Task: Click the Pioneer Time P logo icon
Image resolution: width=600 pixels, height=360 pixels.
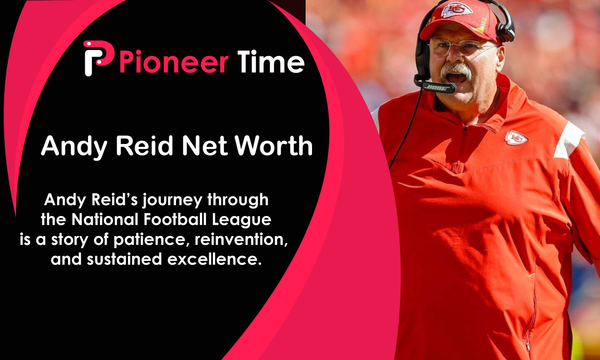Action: pos(97,58)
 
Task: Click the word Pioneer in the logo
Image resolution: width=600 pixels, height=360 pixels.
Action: pos(174,63)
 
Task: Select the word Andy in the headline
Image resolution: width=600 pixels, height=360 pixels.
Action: pos(74,147)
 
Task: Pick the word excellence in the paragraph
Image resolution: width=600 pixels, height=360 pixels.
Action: pos(214,259)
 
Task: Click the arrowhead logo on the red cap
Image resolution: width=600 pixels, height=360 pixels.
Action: pos(456,9)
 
